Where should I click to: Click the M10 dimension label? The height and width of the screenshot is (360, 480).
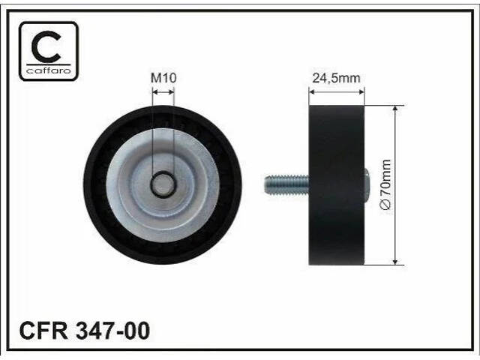[163, 78]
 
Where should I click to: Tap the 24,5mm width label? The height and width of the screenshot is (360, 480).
[336, 78]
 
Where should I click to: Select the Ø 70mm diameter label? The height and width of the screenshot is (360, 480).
[385, 184]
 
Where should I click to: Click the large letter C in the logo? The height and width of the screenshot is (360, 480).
[46, 46]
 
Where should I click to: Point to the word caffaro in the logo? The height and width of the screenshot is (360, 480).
[49, 70]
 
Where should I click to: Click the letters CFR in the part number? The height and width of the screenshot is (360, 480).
[43, 331]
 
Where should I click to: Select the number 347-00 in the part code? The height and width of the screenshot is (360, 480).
[113, 331]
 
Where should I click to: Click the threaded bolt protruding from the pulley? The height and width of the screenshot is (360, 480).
[286, 184]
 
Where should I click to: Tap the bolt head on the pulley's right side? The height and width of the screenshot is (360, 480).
[367, 184]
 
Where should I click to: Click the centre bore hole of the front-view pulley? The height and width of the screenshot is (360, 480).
[163, 184]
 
